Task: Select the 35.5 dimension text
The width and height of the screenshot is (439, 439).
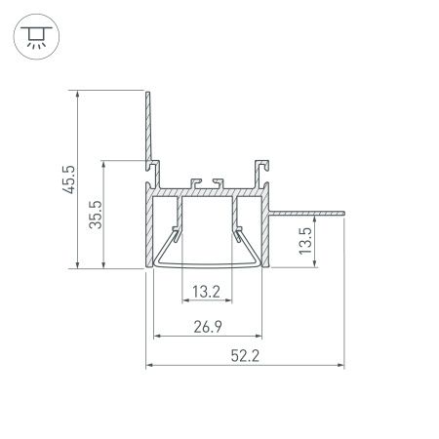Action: (95, 214)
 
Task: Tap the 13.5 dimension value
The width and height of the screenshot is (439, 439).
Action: (305, 239)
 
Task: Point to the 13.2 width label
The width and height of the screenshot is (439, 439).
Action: (206, 291)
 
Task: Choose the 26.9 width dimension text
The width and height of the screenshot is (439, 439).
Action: (206, 327)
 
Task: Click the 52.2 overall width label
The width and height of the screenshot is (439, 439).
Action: (246, 355)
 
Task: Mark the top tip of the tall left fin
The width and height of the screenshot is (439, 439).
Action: (147, 94)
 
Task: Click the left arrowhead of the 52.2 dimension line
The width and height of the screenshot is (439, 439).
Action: (149, 367)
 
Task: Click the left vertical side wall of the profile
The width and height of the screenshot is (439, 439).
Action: (150, 229)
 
